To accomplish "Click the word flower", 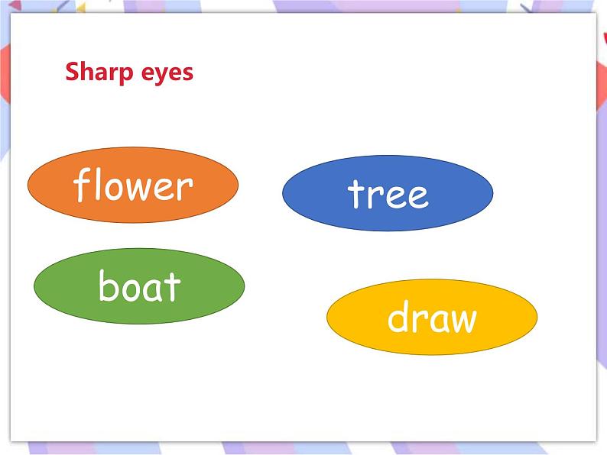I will point(133,186).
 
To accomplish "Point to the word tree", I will point(388,193).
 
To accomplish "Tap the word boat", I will point(139,286).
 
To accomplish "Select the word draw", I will point(432,317).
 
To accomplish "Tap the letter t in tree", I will point(355,193).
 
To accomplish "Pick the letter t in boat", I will point(173,288).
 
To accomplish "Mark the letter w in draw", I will point(461,320).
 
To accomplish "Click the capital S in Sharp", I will point(72,72).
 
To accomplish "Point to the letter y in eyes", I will point(157,75).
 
